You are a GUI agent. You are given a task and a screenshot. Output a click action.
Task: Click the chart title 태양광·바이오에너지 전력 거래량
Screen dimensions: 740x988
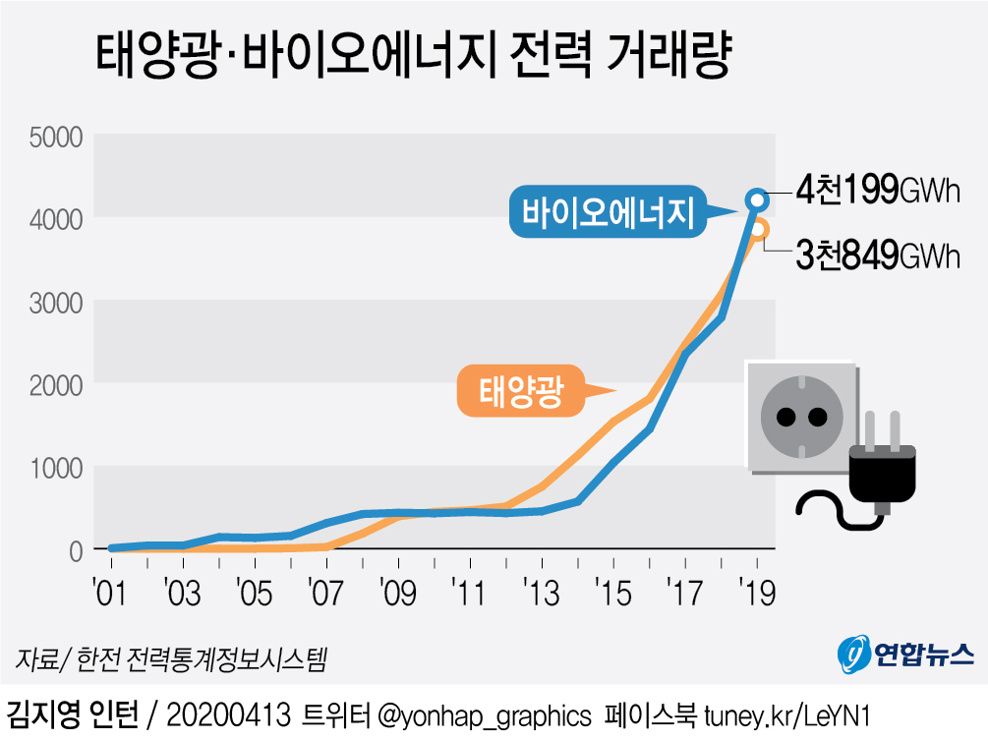coord(413,56)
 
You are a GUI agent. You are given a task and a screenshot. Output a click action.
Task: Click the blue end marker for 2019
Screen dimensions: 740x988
coord(757,199)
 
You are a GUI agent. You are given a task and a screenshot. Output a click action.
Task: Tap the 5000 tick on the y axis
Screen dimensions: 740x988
coord(55,136)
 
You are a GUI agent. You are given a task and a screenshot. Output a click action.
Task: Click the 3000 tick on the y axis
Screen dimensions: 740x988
coord(55,302)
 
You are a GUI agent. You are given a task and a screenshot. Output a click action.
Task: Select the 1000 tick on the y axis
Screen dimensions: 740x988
coord(55,468)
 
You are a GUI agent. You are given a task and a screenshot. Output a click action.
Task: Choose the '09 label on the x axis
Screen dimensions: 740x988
coord(396,594)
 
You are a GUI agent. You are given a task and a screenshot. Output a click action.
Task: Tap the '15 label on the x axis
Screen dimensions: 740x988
coord(612,594)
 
